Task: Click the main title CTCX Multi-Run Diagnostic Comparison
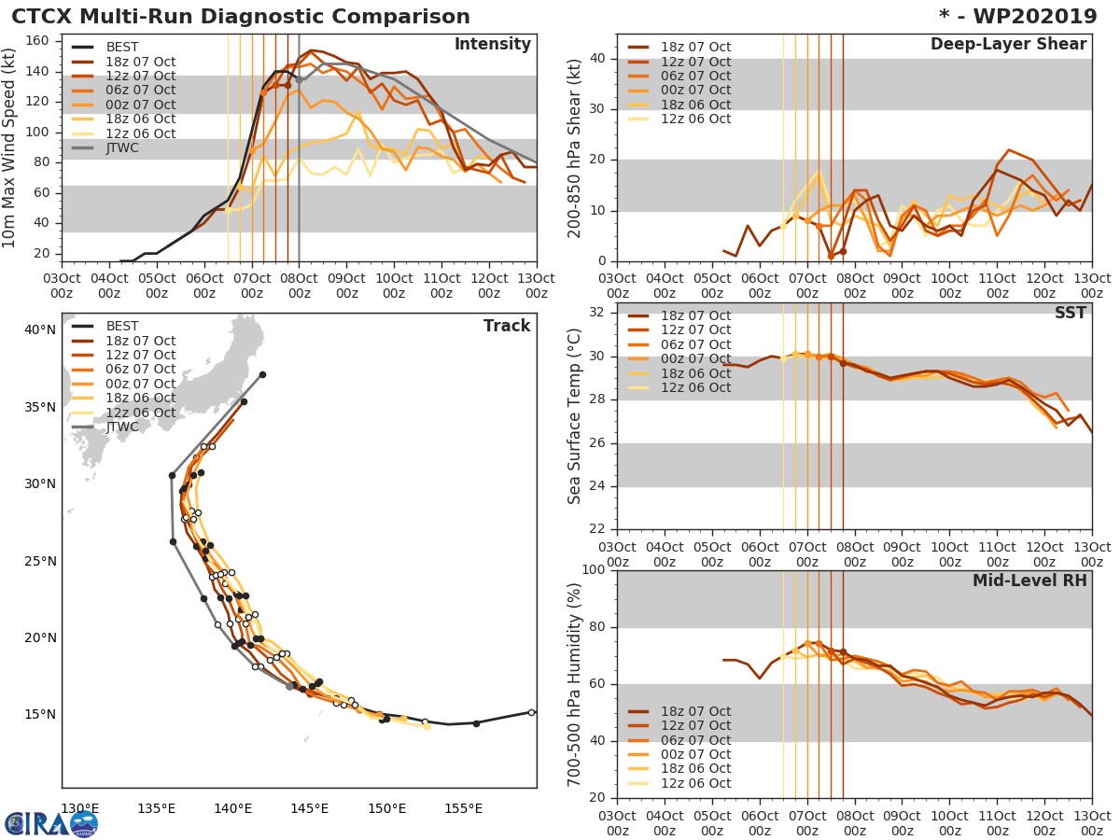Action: tap(241, 17)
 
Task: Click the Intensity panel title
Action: tap(492, 45)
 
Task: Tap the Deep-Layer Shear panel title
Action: tap(1008, 45)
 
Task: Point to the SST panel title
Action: tap(1071, 313)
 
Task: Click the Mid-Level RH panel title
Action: tap(1029, 581)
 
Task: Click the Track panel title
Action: tap(507, 326)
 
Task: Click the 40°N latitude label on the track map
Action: tap(39, 329)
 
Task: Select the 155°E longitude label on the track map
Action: tap(463, 808)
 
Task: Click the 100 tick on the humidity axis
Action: tap(593, 570)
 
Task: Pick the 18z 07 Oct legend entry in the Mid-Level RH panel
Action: tap(695, 711)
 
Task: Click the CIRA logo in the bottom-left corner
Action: tap(50, 823)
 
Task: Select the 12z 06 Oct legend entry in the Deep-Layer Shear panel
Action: tap(695, 119)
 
